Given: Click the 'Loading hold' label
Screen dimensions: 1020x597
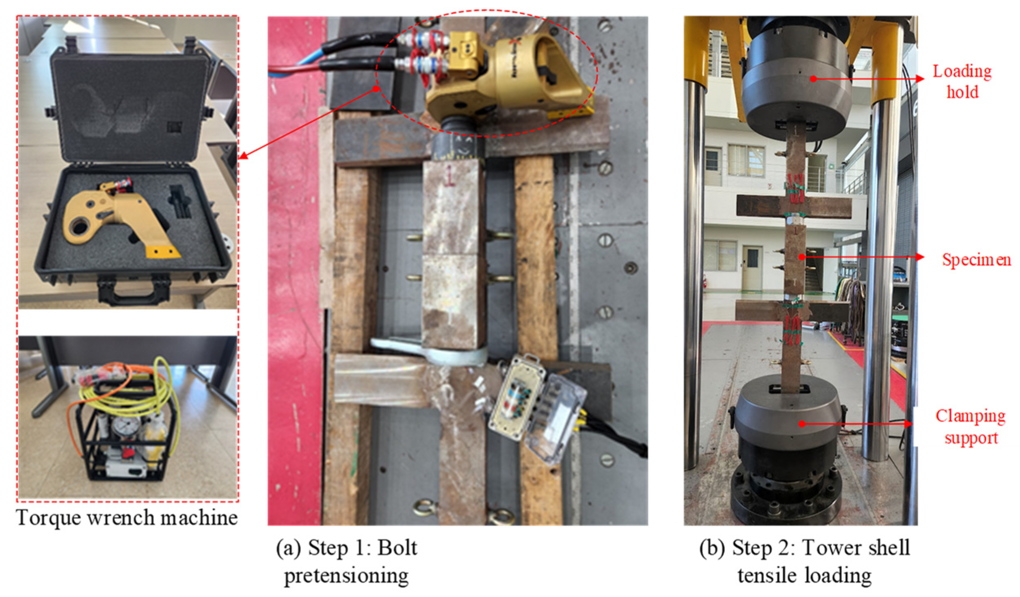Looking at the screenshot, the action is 962,81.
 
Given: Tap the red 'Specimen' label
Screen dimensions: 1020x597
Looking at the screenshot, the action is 977,260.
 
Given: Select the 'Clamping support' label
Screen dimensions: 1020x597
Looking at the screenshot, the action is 971,427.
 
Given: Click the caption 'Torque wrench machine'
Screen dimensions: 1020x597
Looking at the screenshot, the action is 127,518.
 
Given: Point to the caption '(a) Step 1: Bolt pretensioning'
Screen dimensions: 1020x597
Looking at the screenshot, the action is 346,561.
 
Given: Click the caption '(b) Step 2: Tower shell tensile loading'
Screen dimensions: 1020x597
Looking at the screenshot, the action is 804,561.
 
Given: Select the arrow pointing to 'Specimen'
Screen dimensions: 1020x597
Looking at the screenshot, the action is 863,257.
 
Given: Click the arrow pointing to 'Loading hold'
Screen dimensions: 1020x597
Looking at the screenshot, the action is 869,78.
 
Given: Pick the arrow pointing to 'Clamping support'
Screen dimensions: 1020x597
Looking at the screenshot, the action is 857,424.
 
